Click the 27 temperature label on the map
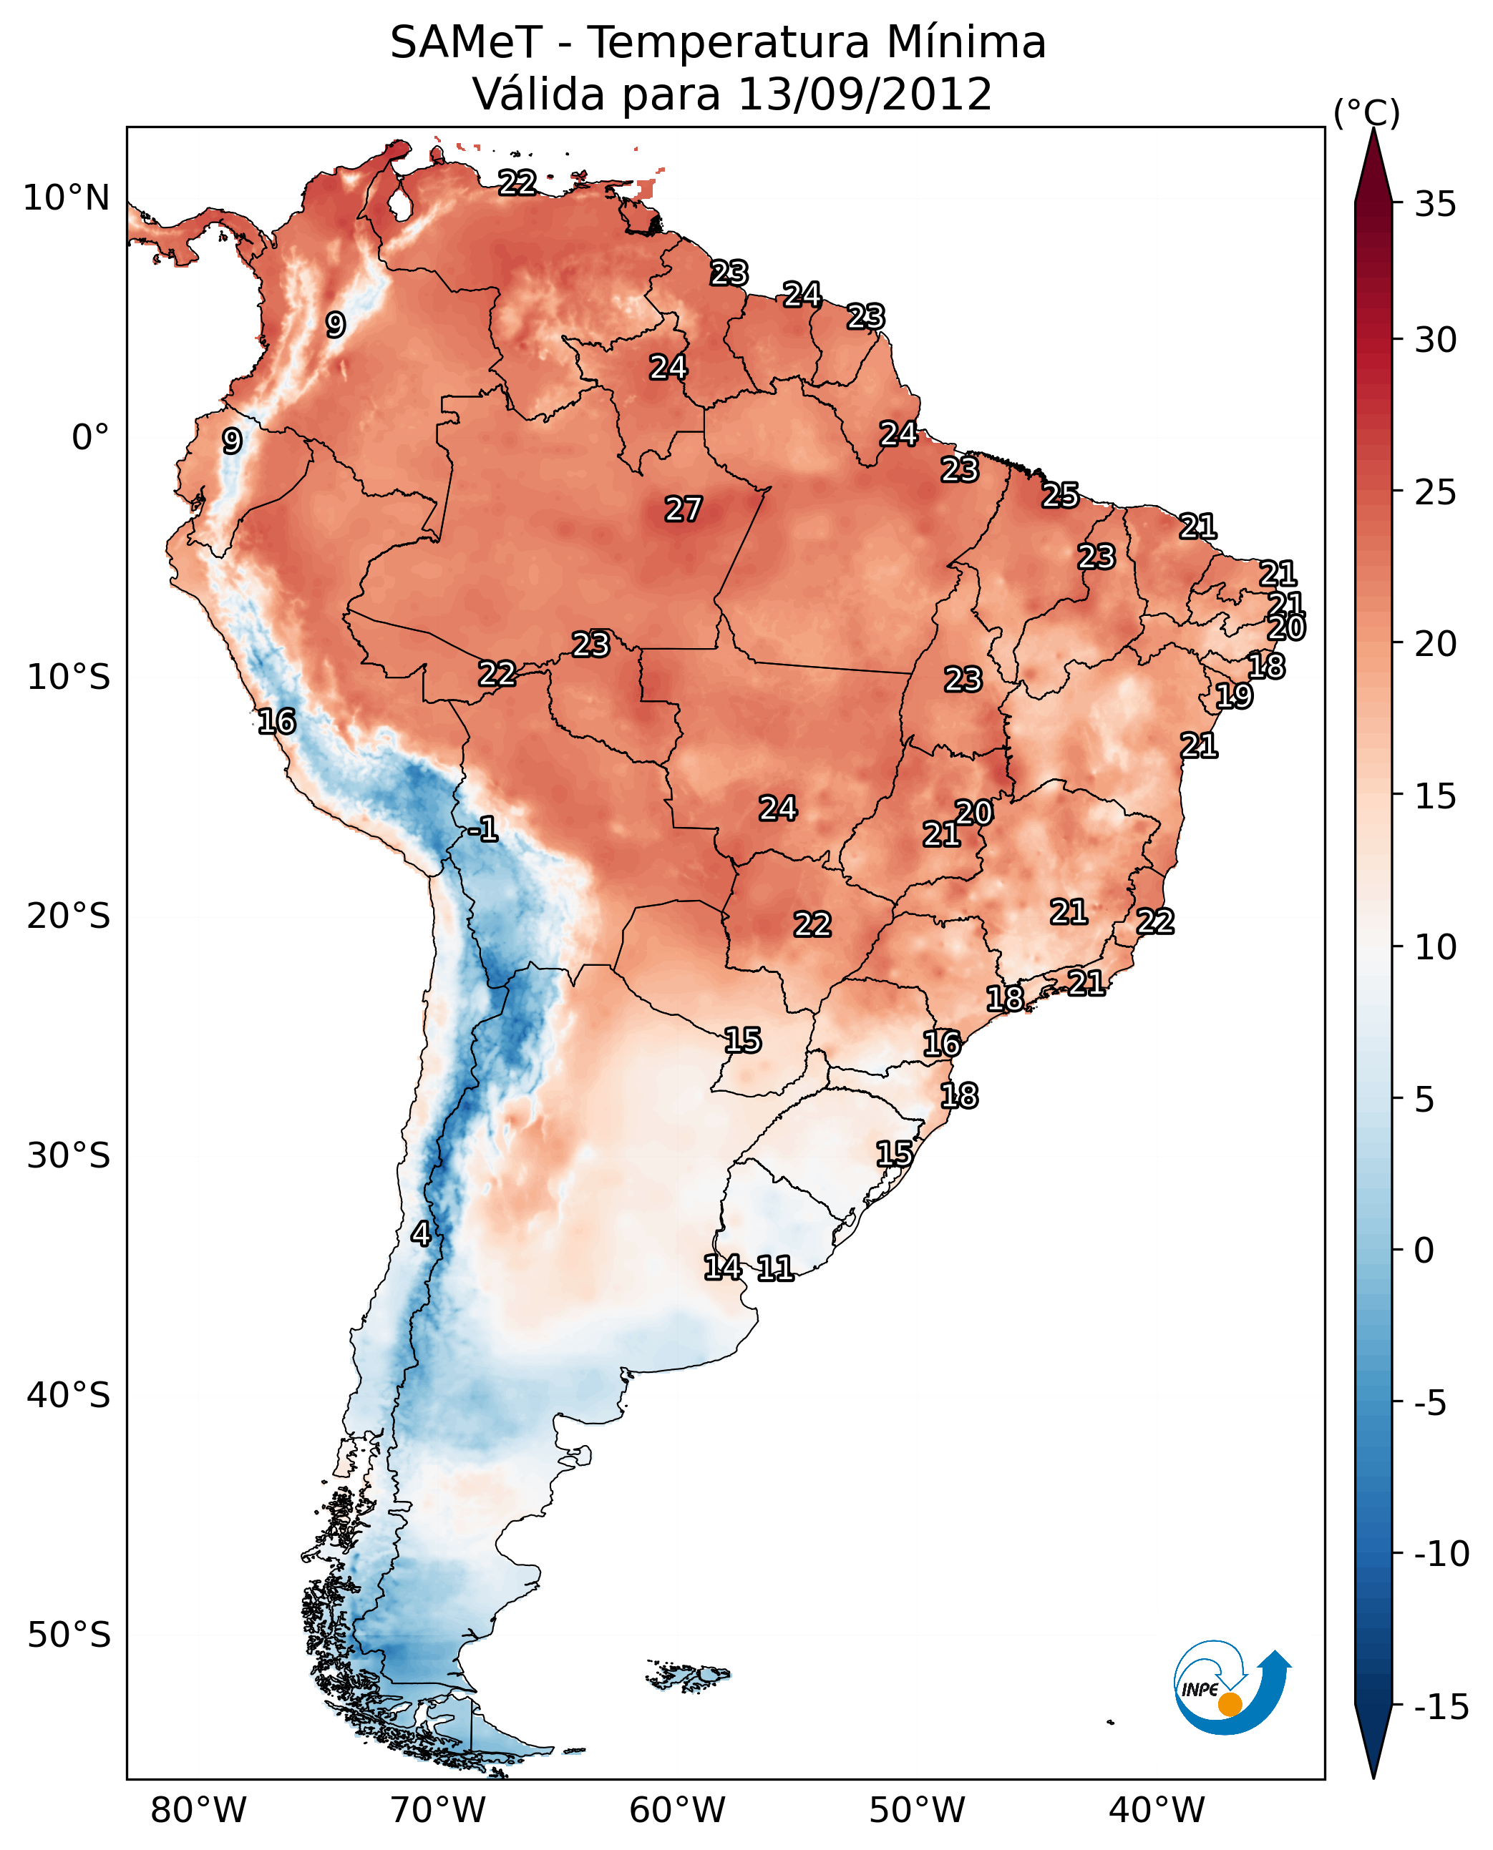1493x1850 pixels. point(683,509)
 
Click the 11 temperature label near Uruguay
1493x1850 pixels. point(775,1268)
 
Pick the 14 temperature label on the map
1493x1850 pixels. point(722,1266)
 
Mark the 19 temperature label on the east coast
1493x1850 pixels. point(1233,695)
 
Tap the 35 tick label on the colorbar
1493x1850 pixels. point(1435,204)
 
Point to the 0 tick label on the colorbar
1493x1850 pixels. point(1424,1250)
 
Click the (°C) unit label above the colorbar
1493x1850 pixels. point(1366,112)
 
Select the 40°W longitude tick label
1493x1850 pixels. point(1156,1810)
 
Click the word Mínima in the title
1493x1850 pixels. point(966,42)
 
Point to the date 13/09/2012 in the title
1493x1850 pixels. point(865,94)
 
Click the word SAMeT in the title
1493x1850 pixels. point(465,42)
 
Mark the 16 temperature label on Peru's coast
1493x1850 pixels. point(277,721)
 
